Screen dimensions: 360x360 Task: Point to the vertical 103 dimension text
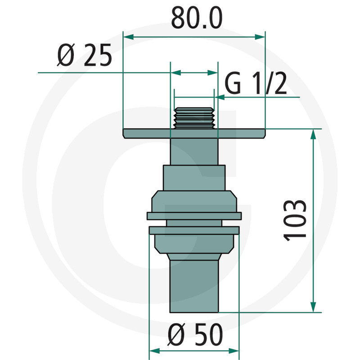(296, 220)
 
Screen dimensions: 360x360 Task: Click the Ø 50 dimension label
(195, 335)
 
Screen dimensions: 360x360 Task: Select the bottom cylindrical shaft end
(193, 288)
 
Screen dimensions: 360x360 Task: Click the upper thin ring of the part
(193, 216)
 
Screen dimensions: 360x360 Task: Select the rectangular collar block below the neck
(193, 178)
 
